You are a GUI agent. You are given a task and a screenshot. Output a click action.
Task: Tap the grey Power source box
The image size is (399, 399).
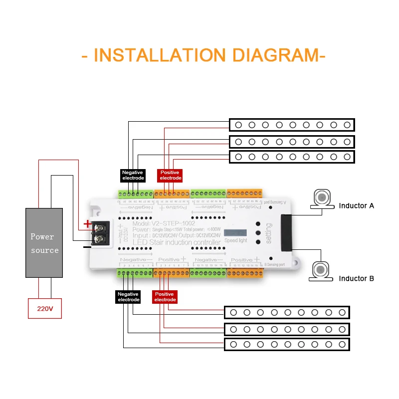pyautogui.click(x=45, y=243)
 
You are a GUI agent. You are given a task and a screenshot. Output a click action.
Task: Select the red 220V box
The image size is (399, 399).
pyautogui.click(x=45, y=309)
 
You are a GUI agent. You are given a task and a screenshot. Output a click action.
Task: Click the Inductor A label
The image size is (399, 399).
pyautogui.click(x=356, y=205)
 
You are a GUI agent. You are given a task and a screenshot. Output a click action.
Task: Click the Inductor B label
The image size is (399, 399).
pyautogui.click(x=356, y=278)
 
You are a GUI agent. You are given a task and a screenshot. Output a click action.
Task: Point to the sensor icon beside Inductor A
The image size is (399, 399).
pyautogui.click(x=322, y=199)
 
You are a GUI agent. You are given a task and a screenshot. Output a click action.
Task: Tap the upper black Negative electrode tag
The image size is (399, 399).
pyautogui.click(x=133, y=175)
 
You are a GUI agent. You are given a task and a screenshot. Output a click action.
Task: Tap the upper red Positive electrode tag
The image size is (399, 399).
pyautogui.click(x=171, y=175)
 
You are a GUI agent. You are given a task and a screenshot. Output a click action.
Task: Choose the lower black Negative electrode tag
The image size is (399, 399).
pyautogui.click(x=128, y=297)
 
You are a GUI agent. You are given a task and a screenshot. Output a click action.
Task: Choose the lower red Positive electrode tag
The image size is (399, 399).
pyautogui.click(x=165, y=297)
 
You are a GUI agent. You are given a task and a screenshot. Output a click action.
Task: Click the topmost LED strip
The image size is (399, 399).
pyautogui.click(x=291, y=125)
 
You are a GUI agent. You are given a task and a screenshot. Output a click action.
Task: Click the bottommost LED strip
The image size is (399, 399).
pyautogui.click(x=287, y=345)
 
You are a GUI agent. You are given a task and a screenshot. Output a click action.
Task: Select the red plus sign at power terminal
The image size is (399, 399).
pyautogui.click(x=87, y=223)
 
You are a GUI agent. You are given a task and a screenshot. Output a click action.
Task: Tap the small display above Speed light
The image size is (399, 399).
pyautogui.click(x=235, y=233)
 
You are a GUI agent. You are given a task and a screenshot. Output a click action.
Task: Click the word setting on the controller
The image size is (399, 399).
pyautogui.click(x=269, y=233)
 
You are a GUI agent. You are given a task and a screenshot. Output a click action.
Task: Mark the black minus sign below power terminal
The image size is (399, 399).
pyautogui.click(x=87, y=246)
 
